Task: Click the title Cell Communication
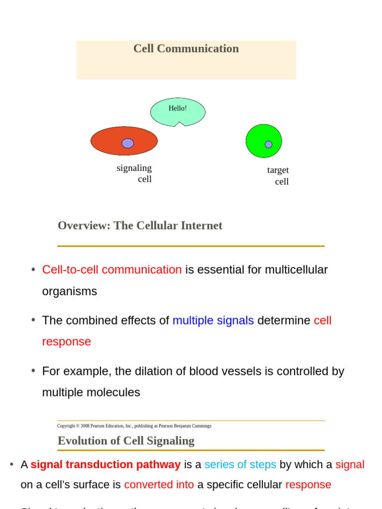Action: [186, 49]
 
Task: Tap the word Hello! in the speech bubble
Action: [178, 108]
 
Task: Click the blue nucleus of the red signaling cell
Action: [128, 143]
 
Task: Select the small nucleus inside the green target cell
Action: [269, 144]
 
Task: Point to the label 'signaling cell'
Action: [135, 173]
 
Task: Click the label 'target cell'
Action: [278, 175]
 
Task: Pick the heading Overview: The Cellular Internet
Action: [140, 226]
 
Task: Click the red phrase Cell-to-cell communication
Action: [112, 270]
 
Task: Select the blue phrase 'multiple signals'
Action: [213, 321]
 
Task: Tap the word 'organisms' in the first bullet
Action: [70, 291]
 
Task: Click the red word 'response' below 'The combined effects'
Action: [67, 342]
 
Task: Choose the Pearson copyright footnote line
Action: [134, 426]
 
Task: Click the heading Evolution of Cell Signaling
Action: [126, 441]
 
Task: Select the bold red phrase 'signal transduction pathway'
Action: [105, 465]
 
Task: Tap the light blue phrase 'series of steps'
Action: [240, 465]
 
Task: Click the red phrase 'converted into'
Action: [159, 485]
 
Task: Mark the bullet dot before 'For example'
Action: [33, 371]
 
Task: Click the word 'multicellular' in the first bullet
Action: [296, 270]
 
